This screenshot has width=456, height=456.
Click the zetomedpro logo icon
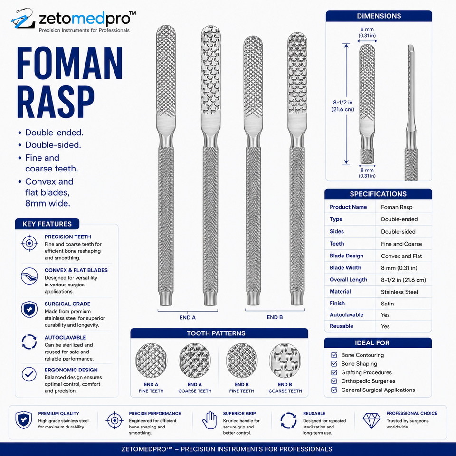[x=23, y=19]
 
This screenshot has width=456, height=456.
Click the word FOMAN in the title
[x=70, y=63]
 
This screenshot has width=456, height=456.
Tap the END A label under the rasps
[x=188, y=317]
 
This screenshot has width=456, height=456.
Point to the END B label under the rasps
[x=275, y=317]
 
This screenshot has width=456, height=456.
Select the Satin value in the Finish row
[x=388, y=304]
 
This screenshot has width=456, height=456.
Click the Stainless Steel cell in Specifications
[x=399, y=292]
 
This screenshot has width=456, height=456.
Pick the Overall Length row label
[x=348, y=280]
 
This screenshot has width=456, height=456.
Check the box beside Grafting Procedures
[x=334, y=372]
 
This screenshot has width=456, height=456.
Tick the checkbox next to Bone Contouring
[x=334, y=355]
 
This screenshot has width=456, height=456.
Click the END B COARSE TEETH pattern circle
[x=285, y=361]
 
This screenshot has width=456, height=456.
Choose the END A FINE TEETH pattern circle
[x=151, y=361]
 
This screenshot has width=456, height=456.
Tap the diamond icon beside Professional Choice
[x=371, y=420]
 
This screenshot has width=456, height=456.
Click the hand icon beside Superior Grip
[x=209, y=420]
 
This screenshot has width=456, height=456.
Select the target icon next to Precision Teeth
[x=29, y=243]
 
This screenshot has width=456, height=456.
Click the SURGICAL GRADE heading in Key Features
[x=67, y=304]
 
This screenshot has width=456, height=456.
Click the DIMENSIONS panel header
[x=379, y=16]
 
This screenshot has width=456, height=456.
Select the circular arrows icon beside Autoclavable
[x=29, y=342]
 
